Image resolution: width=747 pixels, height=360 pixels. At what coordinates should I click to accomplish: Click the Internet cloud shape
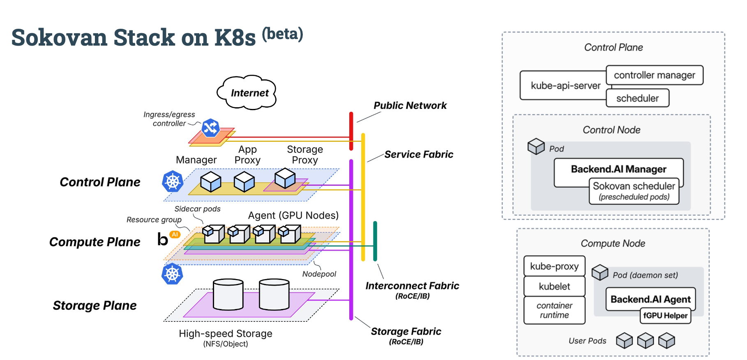[x=247, y=92]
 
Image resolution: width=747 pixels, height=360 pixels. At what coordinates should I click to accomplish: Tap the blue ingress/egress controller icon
[x=210, y=128]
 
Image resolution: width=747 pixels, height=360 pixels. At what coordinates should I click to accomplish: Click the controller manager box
[x=655, y=75]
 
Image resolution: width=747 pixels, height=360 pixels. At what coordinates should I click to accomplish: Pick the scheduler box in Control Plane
[x=637, y=98]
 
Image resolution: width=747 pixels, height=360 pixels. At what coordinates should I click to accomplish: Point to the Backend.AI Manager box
[x=618, y=169]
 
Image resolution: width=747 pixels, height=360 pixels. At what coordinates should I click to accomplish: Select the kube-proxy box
[x=554, y=266]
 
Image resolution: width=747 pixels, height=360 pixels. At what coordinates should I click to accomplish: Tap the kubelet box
[x=554, y=286]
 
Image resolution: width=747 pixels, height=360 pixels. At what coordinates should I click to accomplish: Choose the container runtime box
[x=554, y=310]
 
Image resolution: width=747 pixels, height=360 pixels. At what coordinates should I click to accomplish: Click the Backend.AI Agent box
[x=650, y=299]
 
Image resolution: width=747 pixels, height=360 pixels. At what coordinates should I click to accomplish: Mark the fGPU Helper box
[x=665, y=316]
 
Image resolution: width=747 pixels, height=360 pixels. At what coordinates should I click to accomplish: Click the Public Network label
[x=410, y=106]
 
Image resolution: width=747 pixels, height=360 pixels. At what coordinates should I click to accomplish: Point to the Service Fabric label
[x=419, y=155]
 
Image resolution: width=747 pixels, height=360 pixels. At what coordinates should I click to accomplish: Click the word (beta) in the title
[x=282, y=34]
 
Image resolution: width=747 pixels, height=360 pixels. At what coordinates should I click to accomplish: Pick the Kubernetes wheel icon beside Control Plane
[x=173, y=181]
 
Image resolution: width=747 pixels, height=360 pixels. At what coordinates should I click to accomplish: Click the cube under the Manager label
[x=211, y=182]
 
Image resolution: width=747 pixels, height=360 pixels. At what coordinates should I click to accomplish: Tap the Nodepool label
[x=319, y=274]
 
